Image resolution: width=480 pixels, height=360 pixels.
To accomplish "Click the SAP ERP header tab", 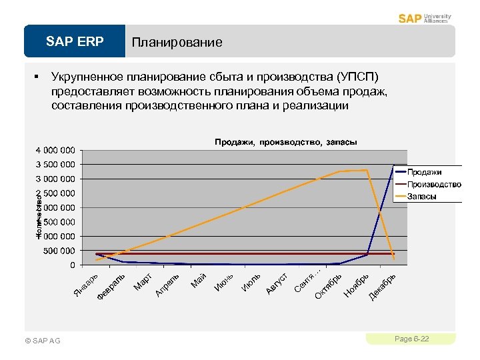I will pos(75,42).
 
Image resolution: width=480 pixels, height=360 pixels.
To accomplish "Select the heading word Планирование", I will pos(177,43).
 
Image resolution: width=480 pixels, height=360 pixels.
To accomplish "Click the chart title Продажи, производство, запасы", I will pos(285,142).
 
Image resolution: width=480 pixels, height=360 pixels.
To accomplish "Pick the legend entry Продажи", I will pos(424,173).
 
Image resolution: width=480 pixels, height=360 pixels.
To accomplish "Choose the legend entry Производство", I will pos(433,184).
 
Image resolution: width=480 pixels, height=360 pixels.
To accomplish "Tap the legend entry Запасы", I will pos(422,196).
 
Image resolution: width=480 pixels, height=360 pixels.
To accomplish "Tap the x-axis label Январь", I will pos(85,285).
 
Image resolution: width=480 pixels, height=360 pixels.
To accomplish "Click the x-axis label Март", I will pos(143,282).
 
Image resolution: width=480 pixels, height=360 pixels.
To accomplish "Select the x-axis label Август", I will pos(277,283).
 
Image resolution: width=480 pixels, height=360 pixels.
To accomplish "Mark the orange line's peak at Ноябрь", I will pos(367,170).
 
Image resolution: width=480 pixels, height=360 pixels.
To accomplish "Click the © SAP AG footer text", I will pos(42,341).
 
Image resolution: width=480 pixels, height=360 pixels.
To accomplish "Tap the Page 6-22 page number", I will pos(411,339).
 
